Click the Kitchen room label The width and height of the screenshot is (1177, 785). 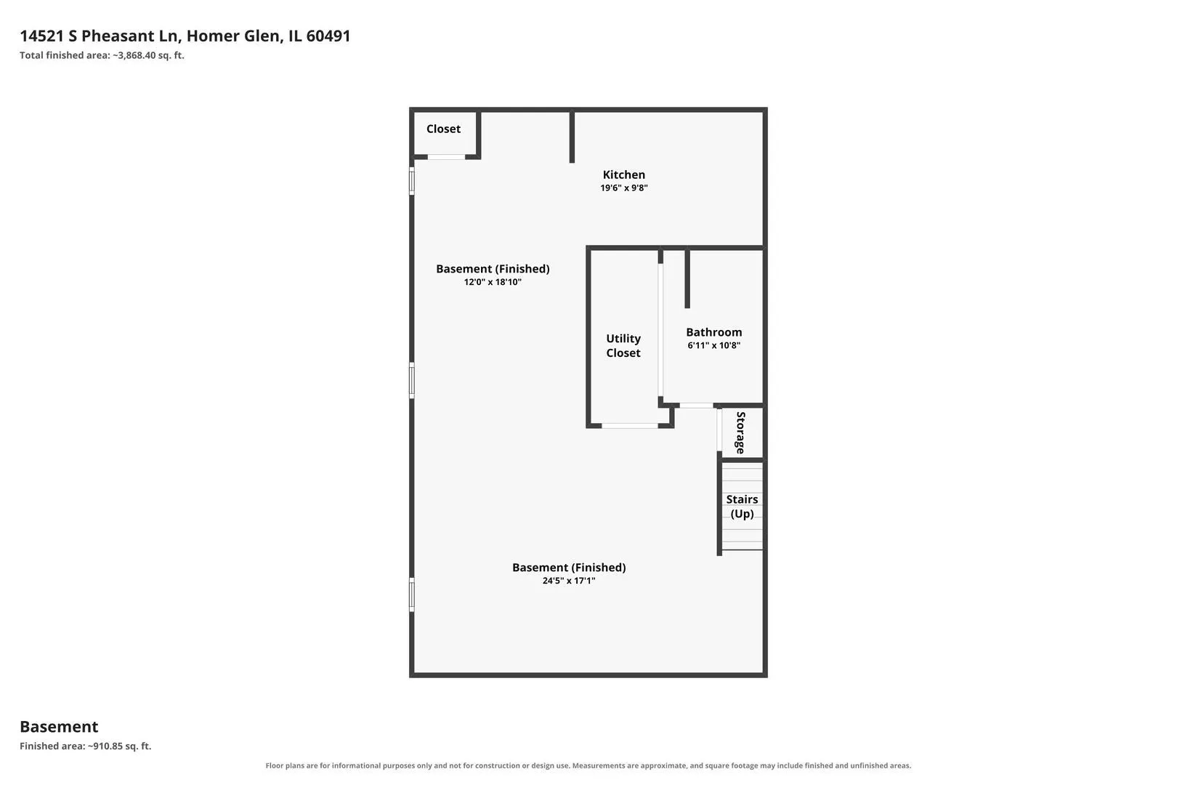tap(623, 174)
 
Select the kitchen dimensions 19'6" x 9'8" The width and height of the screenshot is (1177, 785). tap(623, 188)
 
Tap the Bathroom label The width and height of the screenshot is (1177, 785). tap(713, 332)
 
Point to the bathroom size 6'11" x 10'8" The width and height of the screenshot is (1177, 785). tap(713, 345)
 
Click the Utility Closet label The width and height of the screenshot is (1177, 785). tap(623, 345)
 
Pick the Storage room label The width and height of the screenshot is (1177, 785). tap(740, 432)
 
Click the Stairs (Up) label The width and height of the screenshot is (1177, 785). tap(742, 507)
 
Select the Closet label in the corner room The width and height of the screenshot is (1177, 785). tap(443, 129)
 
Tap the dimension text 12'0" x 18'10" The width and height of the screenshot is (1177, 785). tap(493, 282)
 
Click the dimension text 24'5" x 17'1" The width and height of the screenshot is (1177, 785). tap(569, 581)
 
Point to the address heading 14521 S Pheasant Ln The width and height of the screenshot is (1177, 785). tap(100, 36)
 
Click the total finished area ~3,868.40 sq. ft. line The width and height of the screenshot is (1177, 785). tap(102, 55)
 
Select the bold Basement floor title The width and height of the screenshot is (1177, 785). tap(59, 727)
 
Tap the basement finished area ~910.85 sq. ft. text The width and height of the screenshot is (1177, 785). tap(86, 746)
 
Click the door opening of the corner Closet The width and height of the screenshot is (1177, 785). tap(446, 157)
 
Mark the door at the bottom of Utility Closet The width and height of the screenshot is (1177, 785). tap(629, 425)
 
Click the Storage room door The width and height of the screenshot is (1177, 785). tap(719, 430)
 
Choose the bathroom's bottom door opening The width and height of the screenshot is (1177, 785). tap(696, 406)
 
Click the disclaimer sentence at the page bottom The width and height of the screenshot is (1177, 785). tap(588, 765)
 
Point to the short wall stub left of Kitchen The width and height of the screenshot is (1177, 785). tap(573, 136)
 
